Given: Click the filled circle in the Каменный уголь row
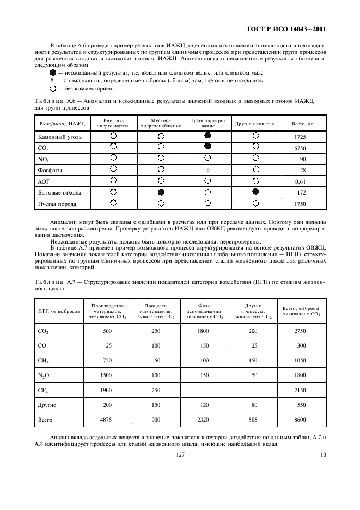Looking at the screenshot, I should (208, 135).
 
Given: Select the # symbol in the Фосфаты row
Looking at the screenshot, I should (208, 170).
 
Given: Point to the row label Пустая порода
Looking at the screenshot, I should (57, 204).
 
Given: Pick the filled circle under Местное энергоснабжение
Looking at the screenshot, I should (161, 192).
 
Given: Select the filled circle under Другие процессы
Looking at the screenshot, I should (255, 191).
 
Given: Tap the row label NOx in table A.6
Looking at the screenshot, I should (43, 159).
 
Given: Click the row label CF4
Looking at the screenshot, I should (43, 390).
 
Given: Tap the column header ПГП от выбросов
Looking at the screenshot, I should (59, 311).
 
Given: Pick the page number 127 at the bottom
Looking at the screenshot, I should (180, 453).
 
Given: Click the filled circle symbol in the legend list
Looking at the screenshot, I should (53, 72).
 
